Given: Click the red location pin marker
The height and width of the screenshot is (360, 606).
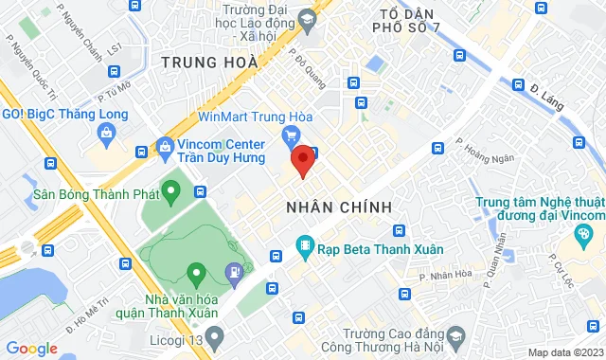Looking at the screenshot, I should [302, 160].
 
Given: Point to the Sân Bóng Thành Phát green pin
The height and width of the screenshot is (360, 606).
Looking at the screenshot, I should [171, 193].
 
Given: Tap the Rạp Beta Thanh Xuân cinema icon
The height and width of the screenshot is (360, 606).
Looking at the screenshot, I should [305, 250].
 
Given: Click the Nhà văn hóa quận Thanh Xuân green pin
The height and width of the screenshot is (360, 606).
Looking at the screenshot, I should [197, 275].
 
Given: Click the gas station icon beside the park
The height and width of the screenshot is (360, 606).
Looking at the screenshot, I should [233, 275].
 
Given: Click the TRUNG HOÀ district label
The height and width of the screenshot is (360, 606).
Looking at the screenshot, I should [209, 63].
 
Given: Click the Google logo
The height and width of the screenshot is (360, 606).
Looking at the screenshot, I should [31, 349].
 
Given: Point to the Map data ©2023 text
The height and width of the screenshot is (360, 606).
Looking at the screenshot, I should [564, 352].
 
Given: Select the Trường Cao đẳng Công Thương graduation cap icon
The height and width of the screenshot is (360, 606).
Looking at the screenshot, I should [455, 336].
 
